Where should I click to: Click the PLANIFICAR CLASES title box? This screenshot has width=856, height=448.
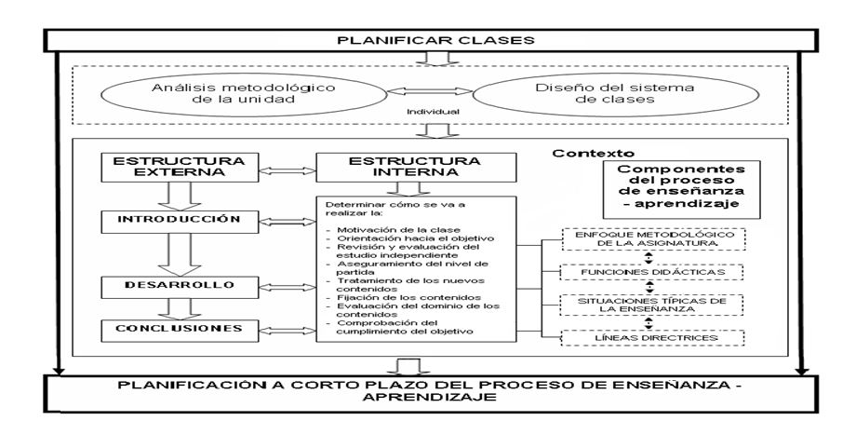pyautogui.click(x=427, y=41)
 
